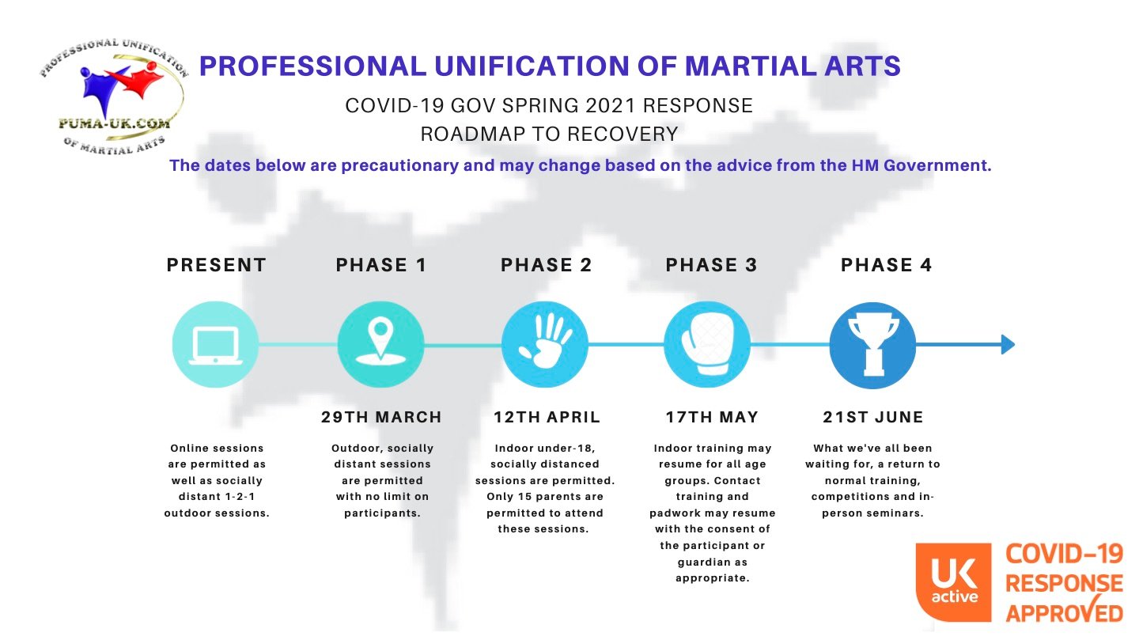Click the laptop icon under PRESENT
click(x=216, y=346)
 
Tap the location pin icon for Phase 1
click(x=380, y=341)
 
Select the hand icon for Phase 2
click(x=545, y=340)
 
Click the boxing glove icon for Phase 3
click(x=707, y=343)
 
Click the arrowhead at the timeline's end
click(x=1008, y=344)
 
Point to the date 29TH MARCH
click(x=381, y=417)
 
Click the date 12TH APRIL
click(x=547, y=417)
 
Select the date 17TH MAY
click(x=712, y=417)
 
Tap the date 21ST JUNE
click(x=873, y=417)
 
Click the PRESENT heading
click(x=217, y=265)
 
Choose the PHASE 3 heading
click(x=711, y=265)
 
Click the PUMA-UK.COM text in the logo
click(x=115, y=123)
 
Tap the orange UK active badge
click(x=953, y=582)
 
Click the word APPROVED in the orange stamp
click(x=1065, y=612)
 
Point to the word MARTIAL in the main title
click(x=750, y=66)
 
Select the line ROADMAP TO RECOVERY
click(x=549, y=134)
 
